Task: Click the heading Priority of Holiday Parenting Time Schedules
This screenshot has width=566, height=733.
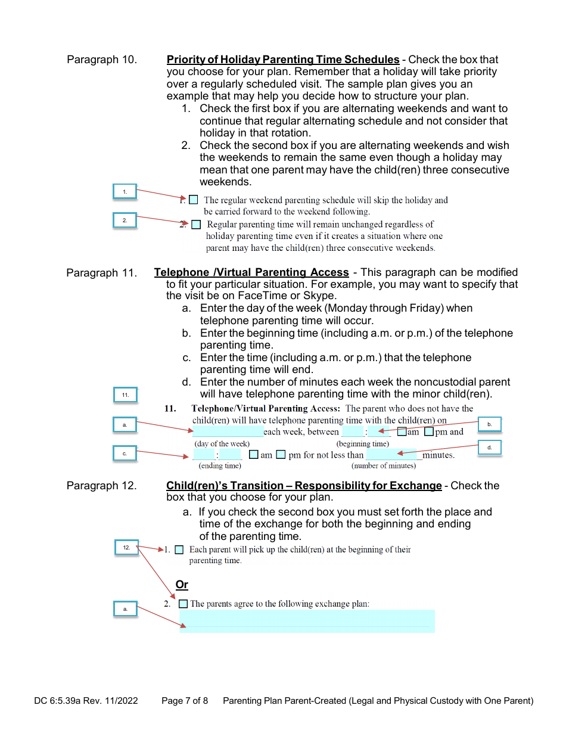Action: [282, 60]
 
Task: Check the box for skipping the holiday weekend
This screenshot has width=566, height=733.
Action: [194, 200]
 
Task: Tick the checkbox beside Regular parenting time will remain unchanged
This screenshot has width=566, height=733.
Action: [197, 225]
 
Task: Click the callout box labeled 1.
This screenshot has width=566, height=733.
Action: [125, 191]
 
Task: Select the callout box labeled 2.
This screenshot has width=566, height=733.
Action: [125, 220]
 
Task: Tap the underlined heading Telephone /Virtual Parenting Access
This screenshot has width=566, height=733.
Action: [251, 272]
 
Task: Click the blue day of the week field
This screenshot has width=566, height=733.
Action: [228, 432]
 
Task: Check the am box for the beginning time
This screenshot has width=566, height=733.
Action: [402, 432]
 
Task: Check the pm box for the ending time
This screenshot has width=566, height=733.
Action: [281, 455]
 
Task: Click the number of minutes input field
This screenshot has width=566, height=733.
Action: [394, 455]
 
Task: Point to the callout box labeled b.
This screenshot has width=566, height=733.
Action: [490, 424]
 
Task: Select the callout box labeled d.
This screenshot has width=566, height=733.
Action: [490, 448]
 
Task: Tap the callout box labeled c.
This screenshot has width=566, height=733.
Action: [125, 454]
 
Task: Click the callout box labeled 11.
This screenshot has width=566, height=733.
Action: [125, 395]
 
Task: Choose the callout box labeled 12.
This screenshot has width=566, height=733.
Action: [126, 548]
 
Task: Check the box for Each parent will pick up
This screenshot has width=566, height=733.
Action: [179, 550]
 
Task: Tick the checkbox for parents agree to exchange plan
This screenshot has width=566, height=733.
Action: [183, 604]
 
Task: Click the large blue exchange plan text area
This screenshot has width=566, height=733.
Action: [307, 621]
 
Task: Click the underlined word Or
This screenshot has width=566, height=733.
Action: [182, 585]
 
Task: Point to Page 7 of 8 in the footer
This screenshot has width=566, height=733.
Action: [185, 701]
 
